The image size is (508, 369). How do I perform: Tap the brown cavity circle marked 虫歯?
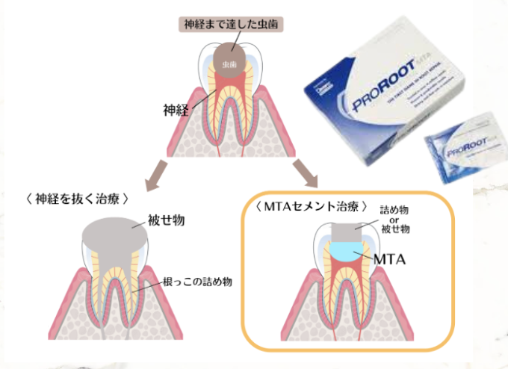232,60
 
